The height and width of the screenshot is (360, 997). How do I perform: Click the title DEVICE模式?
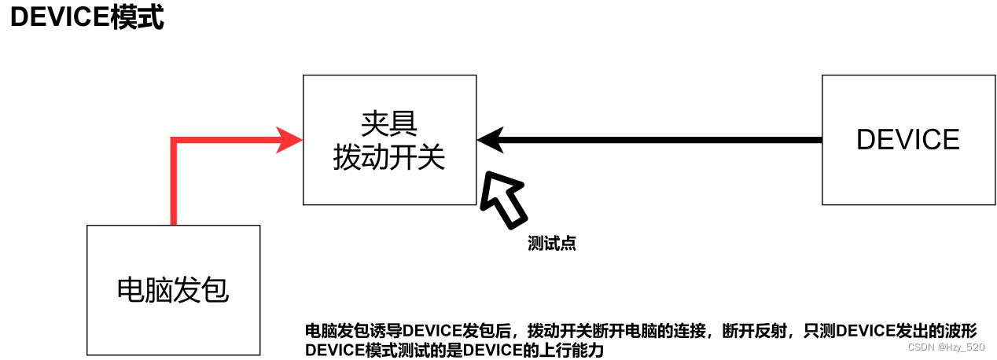[x=86, y=17]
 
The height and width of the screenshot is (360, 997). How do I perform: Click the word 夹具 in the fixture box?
[x=388, y=122]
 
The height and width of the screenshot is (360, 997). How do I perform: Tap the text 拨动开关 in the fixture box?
[x=388, y=157]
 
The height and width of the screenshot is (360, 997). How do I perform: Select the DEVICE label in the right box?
[x=907, y=140]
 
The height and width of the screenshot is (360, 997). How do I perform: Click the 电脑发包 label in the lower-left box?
[x=172, y=290]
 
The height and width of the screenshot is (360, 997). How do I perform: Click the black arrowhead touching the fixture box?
[x=490, y=140]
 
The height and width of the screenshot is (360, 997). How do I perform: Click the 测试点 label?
[x=551, y=244]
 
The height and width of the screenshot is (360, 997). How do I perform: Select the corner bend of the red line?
[x=175, y=141]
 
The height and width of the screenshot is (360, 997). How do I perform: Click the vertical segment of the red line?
[x=174, y=185]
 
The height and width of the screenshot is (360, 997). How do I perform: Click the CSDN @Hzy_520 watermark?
[x=946, y=347]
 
